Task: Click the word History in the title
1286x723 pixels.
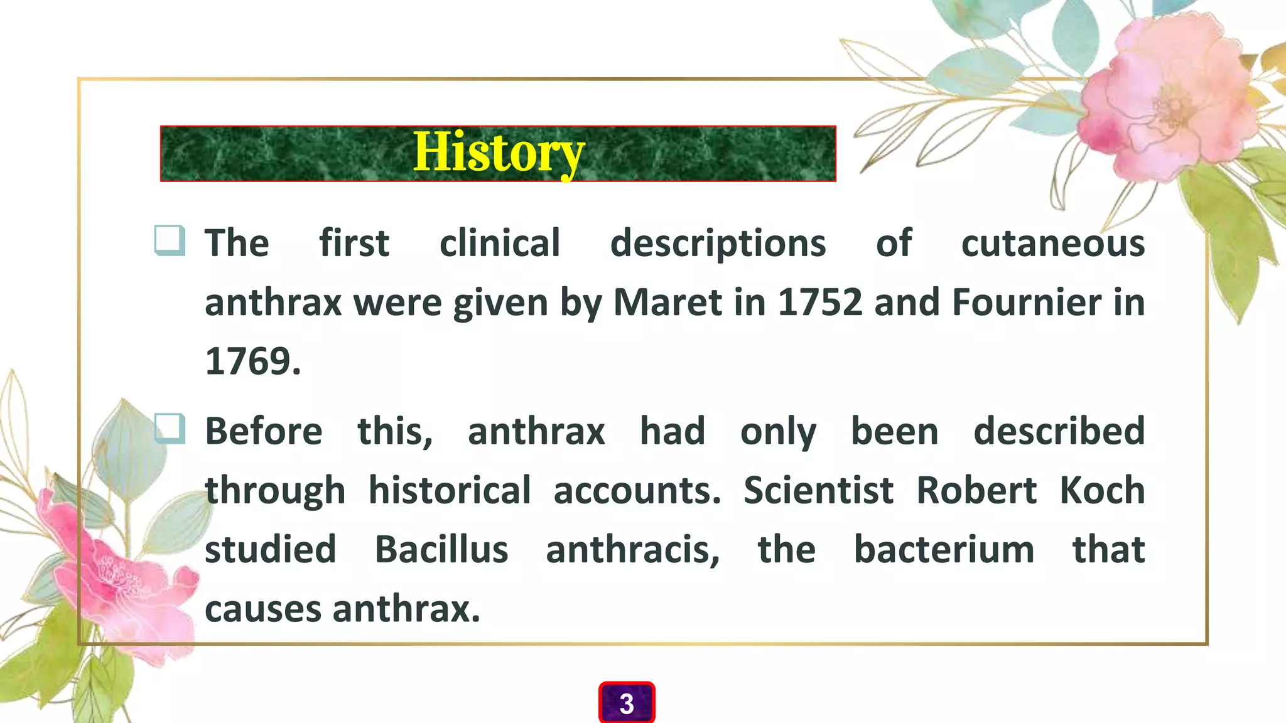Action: click(499, 153)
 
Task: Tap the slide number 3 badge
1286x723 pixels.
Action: click(627, 703)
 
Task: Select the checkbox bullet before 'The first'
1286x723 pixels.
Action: click(170, 240)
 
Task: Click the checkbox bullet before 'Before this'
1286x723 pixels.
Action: click(170, 429)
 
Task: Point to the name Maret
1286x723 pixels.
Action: click(667, 303)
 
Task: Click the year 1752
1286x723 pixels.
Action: click(819, 303)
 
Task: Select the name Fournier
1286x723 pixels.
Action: click(1026, 303)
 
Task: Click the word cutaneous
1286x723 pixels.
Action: click(1052, 244)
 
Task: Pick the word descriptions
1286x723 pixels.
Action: click(718, 244)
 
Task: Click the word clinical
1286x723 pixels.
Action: click(499, 244)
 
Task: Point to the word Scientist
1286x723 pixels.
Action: click(818, 490)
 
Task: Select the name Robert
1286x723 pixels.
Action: click(976, 490)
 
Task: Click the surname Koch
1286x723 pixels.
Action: click(1102, 490)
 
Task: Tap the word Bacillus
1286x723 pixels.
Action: click(441, 550)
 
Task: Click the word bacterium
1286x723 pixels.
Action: click(944, 550)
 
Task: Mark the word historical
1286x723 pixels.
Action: click(449, 490)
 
